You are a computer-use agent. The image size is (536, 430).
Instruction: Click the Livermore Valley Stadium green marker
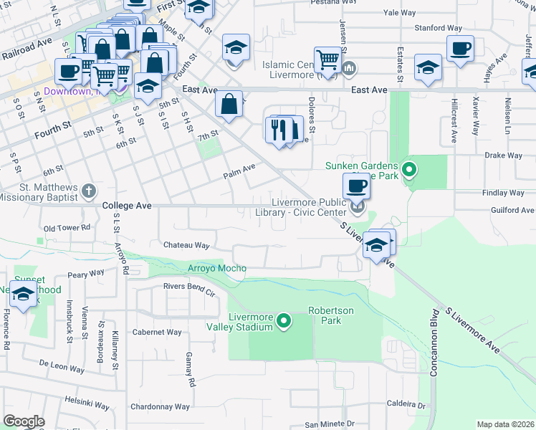[284, 320]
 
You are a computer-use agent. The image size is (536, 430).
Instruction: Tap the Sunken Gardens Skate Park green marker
[409, 171]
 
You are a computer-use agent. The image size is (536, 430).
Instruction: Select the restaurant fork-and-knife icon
[277, 130]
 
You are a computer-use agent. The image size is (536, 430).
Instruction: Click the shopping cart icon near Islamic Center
[327, 59]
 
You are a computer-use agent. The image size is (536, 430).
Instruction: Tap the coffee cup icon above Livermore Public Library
[356, 187]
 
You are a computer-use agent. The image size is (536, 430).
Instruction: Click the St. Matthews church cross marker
[88, 191]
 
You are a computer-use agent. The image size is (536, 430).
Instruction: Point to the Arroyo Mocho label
[216, 269]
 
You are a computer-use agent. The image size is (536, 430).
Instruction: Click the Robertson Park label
[330, 315]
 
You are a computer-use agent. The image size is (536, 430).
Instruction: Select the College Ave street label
[127, 205]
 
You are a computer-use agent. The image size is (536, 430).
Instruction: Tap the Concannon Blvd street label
[434, 342]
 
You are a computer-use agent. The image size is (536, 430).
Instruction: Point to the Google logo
[24, 421]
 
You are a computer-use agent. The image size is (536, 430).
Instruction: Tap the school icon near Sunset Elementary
[24, 294]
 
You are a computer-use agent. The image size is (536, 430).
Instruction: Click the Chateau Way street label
[186, 245]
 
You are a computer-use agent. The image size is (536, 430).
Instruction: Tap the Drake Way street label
[504, 155]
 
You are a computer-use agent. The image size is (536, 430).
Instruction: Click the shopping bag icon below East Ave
[229, 104]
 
